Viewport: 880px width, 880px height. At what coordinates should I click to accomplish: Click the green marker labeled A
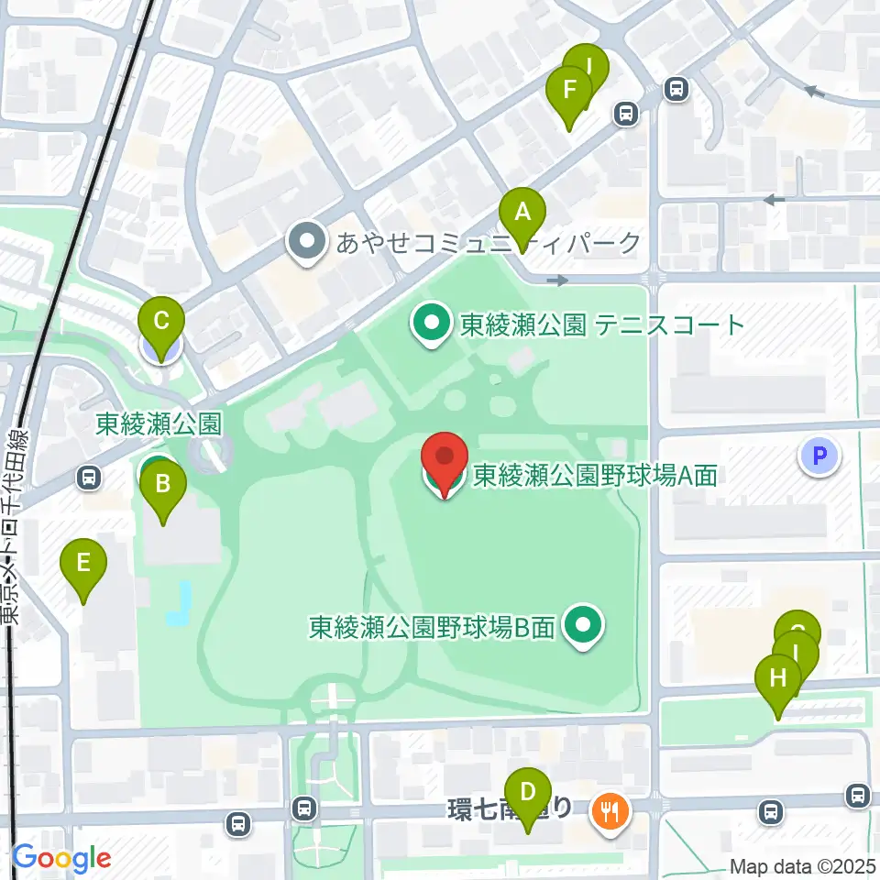click(x=522, y=214)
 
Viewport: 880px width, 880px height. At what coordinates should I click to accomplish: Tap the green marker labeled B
click(x=163, y=484)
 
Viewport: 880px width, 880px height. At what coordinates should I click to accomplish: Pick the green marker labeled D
click(x=527, y=792)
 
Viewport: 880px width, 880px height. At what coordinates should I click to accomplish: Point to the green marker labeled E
click(x=83, y=564)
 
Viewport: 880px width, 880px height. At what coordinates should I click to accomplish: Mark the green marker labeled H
click(x=777, y=680)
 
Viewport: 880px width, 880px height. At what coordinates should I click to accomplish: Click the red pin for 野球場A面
click(x=445, y=457)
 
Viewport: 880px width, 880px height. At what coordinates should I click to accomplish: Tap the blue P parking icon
click(x=819, y=456)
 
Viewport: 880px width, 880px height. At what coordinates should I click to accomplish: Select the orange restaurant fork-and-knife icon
click(x=608, y=811)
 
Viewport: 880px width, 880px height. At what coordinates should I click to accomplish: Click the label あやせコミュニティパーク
click(x=489, y=243)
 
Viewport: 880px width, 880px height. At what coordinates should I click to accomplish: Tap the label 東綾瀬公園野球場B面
click(x=432, y=628)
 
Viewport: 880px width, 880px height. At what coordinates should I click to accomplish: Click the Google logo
click(x=61, y=858)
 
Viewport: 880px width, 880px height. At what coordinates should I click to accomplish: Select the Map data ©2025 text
click(x=803, y=866)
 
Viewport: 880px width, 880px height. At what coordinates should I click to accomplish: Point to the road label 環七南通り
click(x=511, y=808)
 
